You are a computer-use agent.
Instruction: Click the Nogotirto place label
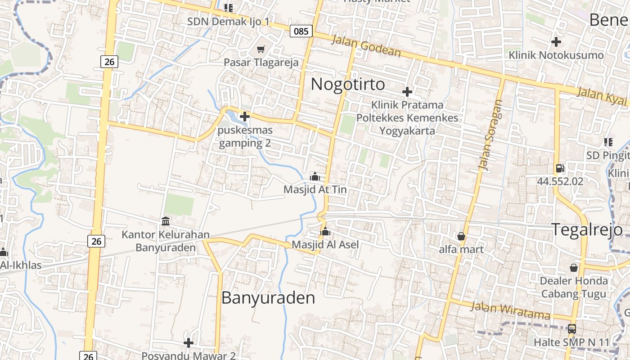click(348, 84)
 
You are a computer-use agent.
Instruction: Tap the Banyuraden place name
click(268, 298)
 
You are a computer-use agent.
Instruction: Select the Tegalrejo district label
click(587, 229)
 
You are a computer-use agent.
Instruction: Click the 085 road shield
click(301, 31)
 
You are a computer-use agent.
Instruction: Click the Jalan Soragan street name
click(490, 135)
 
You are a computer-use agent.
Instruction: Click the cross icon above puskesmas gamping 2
click(245, 117)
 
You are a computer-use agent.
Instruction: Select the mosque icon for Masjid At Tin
click(315, 176)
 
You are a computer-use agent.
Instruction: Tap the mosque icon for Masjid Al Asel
click(325, 232)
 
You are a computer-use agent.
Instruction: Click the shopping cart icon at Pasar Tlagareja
click(261, 49)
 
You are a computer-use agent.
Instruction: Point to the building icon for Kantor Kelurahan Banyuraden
click(166, 221)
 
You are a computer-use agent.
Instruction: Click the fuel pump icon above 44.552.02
click(560, 168)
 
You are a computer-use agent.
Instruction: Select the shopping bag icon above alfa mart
click(461, 236)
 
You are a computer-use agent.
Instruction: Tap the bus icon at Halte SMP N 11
click(571, 329)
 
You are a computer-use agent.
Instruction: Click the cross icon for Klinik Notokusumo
click(556, 42)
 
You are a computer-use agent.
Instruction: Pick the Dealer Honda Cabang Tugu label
click(574, 288)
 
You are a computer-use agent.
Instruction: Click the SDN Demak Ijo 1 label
click(228, 21)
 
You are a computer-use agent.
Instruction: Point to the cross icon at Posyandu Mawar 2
click(189, 343)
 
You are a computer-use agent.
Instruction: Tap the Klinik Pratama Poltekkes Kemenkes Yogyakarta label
click(407, 118)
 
